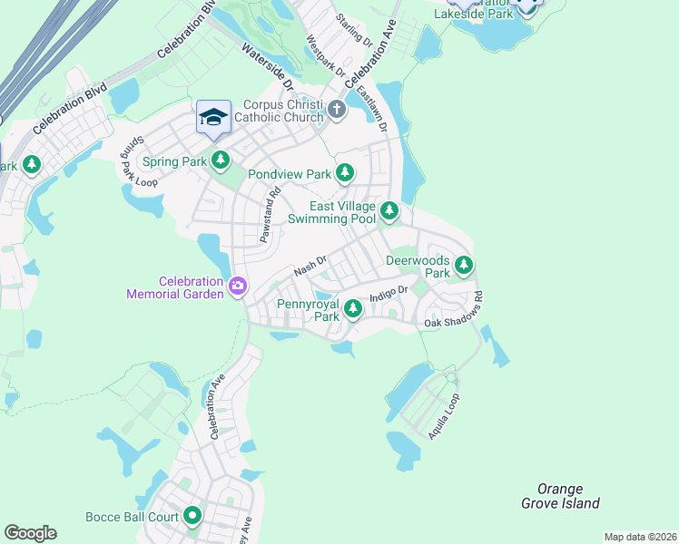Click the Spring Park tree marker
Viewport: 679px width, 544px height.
(x=220, y=161)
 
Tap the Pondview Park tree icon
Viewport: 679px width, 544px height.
(x=344, y=172)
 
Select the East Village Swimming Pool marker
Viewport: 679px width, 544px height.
(x=389, y=211)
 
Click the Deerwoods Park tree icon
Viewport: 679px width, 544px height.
(x=464, y=266)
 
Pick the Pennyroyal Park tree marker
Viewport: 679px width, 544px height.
(x=352, y=310)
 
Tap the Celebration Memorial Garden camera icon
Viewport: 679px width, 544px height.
(x=238, y=287)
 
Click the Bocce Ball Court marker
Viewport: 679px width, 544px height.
(x=192, y=517)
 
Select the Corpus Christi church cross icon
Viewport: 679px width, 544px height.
(x=337, y=111)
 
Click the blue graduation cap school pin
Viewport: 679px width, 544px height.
(x=213, y=118)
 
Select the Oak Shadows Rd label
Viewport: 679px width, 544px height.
(x=454, y=310)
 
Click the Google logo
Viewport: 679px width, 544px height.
(x=30, y=533)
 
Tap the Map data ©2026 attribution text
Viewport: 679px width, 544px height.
(x=640, y=537)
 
